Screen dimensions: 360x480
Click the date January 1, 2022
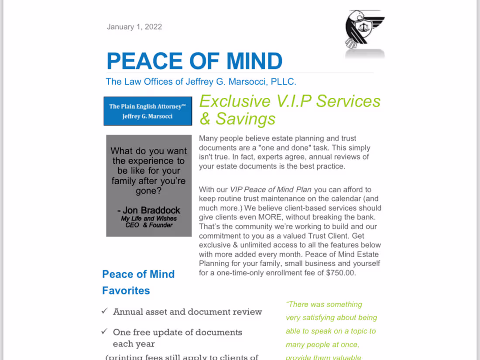(134, 27)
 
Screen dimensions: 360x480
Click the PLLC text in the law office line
(283, 82)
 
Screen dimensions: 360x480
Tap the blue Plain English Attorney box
(147, 111)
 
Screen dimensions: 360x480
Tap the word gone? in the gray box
(148, 191)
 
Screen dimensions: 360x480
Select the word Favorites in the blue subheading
(126, 291)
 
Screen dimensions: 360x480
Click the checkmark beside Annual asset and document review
(104, 311)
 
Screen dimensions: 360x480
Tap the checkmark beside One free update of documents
(104, 332)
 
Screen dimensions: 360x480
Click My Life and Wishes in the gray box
(149, 219)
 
